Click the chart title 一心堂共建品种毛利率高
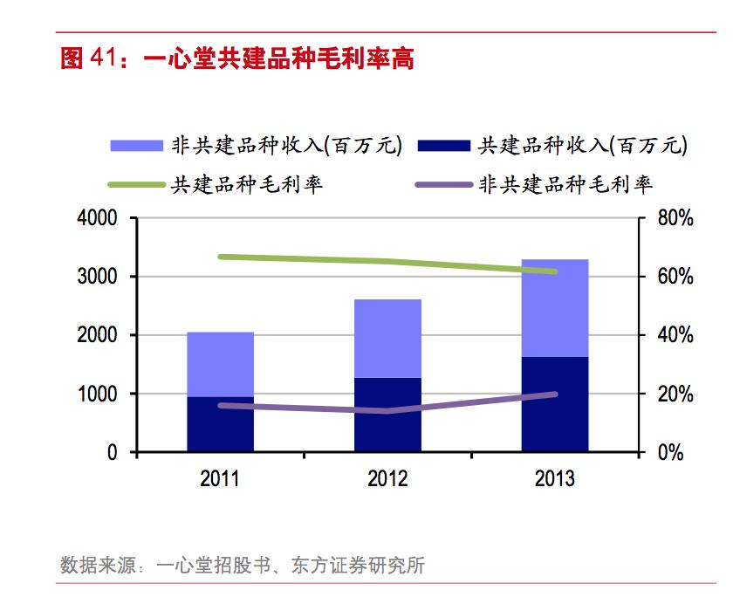coord(236,58)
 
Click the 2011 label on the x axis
coord(220,479)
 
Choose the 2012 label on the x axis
coord(387,479)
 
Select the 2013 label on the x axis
coord(555,479)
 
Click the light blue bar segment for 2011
coord(220,364)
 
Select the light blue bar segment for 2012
coord(387,339)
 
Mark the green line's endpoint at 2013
coord(555,271)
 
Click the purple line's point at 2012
coord(387,411)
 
